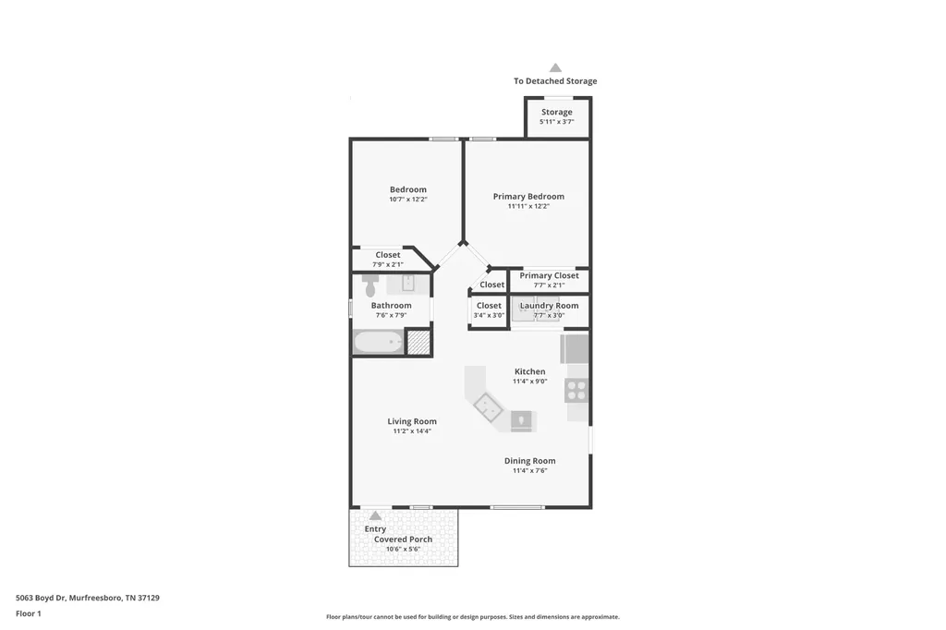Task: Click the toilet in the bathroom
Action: [x=370, y=285]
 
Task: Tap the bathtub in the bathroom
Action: [x=378, y=342]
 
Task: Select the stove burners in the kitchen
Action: [x=576, y=390]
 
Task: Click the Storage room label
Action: [x=556, y=112]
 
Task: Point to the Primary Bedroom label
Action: [x=528, y=196]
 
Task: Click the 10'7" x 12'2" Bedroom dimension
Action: [x=407, y=200]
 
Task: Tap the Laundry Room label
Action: [x=549, y=306]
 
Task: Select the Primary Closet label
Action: [x=549, y=275]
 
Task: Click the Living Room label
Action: [x=412, y=421]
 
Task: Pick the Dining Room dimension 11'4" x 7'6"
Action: [x=529, y=471]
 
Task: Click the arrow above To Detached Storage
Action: [x=555, y=67]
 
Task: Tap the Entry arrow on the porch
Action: [x=375, y=515]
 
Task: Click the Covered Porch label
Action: [x=403, y=539]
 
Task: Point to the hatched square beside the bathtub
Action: [x=418, y=342]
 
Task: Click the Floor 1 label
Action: [x=29, y=613]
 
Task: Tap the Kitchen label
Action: [x=529, y=371]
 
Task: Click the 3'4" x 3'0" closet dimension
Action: [x=489, y=315]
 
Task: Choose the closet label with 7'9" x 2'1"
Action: [x=387, y=255]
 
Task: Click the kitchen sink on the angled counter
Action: [x=488, y=407]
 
